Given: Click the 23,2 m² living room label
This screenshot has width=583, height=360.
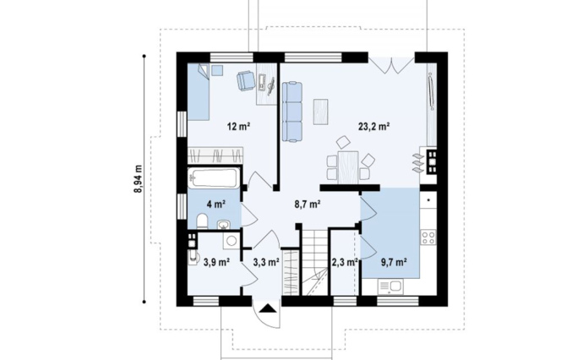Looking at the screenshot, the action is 373,127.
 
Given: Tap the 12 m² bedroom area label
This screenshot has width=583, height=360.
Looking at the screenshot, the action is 238,127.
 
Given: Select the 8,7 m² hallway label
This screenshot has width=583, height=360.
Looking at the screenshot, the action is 308,205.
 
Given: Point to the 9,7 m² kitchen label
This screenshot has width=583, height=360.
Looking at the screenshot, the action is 394,263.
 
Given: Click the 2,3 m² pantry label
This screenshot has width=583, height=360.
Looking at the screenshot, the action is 345,263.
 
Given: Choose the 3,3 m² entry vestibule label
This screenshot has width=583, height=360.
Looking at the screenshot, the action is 266,263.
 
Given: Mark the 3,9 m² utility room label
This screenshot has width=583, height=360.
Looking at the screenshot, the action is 216,263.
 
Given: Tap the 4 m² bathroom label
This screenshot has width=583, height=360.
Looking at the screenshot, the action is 216,205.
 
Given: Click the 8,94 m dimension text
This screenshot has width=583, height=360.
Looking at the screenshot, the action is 139,179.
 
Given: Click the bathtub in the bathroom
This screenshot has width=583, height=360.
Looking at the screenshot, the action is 213,178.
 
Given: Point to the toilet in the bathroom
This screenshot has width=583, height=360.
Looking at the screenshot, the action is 202,221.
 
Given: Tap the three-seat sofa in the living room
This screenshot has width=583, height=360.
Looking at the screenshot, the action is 291,112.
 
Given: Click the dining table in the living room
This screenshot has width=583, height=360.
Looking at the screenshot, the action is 348,167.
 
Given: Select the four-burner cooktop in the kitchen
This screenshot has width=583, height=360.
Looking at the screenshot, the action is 428,237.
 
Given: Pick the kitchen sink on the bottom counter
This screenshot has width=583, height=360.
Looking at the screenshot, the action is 390,286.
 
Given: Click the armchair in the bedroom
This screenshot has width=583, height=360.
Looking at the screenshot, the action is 246,80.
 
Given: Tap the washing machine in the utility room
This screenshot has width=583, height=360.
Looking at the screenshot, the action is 232,240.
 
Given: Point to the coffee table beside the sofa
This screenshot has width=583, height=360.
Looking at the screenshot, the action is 320,112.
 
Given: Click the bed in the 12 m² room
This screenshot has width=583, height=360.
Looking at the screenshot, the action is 199,91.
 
